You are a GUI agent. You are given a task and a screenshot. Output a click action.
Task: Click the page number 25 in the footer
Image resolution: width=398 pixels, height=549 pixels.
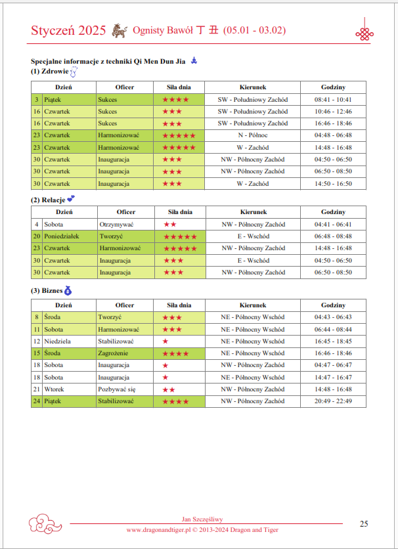coord(364,523)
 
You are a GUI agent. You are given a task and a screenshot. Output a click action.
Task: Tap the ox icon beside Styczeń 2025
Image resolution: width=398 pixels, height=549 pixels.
coord(119,30)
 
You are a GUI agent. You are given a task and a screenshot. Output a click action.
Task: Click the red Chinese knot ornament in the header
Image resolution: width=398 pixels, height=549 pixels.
coord(364,32)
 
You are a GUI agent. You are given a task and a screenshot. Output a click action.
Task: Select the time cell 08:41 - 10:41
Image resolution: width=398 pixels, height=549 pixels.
coord(333,99)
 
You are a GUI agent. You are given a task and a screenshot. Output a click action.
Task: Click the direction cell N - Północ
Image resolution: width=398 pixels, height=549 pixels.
coord(253,135)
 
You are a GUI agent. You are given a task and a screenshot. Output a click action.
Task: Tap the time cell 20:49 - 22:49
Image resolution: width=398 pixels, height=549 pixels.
coord(333,401)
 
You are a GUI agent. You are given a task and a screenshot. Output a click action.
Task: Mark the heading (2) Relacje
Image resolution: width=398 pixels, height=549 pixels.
coord(49,200)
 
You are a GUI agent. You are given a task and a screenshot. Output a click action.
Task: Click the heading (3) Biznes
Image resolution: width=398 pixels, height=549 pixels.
coord(46,291)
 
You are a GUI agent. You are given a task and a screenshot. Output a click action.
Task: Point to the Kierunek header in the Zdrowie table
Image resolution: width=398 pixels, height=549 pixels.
coord(253,87)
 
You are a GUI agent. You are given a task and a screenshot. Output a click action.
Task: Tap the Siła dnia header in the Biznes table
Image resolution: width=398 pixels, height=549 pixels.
coord(180,305)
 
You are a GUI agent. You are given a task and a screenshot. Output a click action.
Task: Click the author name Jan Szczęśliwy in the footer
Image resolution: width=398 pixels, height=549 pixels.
coord(203,519)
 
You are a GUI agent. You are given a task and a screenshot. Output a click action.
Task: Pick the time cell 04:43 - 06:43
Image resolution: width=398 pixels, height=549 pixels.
coord(333,317)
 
